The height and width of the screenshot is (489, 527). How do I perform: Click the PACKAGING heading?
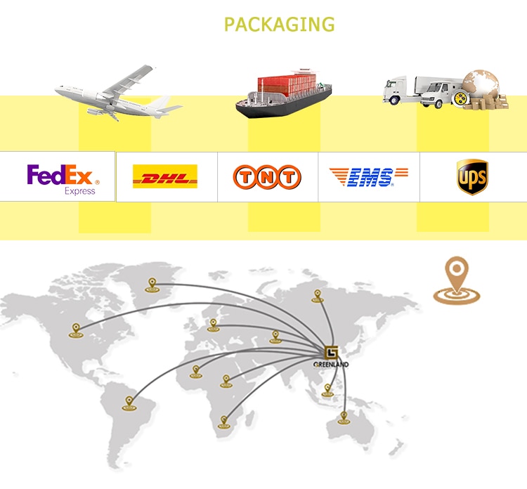[279, 25]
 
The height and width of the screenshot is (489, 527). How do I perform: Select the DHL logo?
[164, 176]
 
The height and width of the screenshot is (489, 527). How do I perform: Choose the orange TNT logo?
[267, 177]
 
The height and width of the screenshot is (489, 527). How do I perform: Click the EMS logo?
[369, 176]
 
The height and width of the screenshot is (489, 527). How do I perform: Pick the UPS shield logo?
[471, 176]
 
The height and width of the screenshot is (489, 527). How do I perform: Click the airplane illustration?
[116, 94]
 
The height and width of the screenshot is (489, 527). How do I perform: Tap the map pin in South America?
[129, 402]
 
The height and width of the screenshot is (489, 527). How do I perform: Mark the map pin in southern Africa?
[225, 421]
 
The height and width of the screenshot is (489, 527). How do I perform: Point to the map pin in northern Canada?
[151, 284]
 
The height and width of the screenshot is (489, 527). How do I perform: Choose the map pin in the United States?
[76, 330]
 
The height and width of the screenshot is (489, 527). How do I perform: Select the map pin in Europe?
[213, 325]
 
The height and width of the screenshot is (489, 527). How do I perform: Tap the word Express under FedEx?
[79, 190]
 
